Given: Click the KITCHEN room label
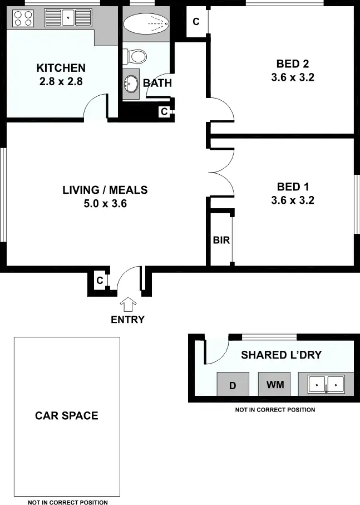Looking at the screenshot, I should (x=61, y=68).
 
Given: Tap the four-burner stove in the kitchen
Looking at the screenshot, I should (x=22, y=19).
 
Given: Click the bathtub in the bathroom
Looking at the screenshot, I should (x=146, y=24).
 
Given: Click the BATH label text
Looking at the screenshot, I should (x=157, y=84).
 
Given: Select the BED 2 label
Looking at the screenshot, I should (x=292, y=63).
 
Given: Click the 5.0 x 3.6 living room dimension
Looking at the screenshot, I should (x=105, y=204).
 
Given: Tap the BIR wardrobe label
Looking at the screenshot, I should (x=221, y=241).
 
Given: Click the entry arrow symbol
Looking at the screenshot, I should (x=129, y=304).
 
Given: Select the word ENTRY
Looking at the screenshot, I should (x=128, y=320).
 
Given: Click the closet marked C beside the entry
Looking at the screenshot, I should (x=100, y=281).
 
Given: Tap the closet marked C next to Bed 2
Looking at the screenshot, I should (x=196, y=22).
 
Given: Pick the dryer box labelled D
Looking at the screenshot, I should (x=233, y=385).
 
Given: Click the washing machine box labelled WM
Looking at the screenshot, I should (x=275, y=385).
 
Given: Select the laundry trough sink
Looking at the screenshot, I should (x=327, y=384).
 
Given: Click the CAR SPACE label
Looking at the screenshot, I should (x=67, y=415).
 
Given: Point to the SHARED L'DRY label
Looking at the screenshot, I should (x=281, y=355).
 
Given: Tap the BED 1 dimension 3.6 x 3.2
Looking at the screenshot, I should (x=293, y=200).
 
